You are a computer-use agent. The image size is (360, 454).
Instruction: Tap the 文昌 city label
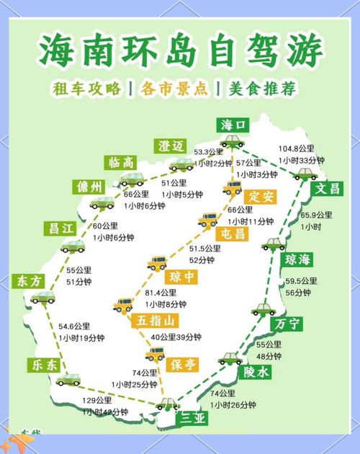point(328,189)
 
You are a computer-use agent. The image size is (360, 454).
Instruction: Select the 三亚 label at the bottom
point(193,418)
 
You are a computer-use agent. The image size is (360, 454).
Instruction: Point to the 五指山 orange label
point(155,321)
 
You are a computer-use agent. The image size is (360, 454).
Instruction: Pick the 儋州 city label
point(89,187)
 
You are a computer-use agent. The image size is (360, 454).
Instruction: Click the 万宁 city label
point(288,325)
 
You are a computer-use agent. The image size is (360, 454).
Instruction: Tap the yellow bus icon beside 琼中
point(157,264)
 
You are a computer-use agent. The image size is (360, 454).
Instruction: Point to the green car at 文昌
point(305,174)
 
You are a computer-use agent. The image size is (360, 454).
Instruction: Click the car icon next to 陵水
point(230,358)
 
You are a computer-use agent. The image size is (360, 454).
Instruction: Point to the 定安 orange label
point(258,196)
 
